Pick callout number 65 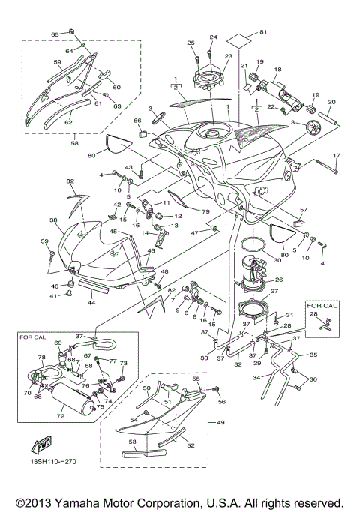[55, 34]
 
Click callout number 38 [53, 221]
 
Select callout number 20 [331, 102]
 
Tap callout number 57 [304, 211]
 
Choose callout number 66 [137, 120]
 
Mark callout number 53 [133, 442]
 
